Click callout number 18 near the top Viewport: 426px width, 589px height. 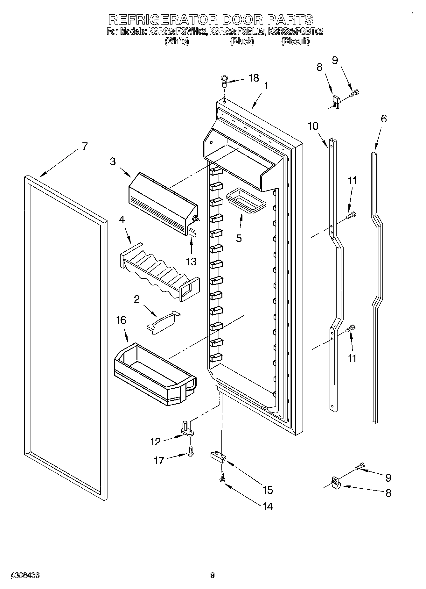tap(253, 78)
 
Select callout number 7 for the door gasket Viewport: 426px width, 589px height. tap(84, 147)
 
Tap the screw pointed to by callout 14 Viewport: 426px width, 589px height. tap(222, 477)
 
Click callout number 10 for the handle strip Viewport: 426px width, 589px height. tap(313, 126)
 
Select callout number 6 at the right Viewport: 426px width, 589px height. tap(384, 119)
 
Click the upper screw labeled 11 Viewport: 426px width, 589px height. tap(351, 216)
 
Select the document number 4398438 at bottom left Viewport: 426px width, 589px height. tap(25, 575)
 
